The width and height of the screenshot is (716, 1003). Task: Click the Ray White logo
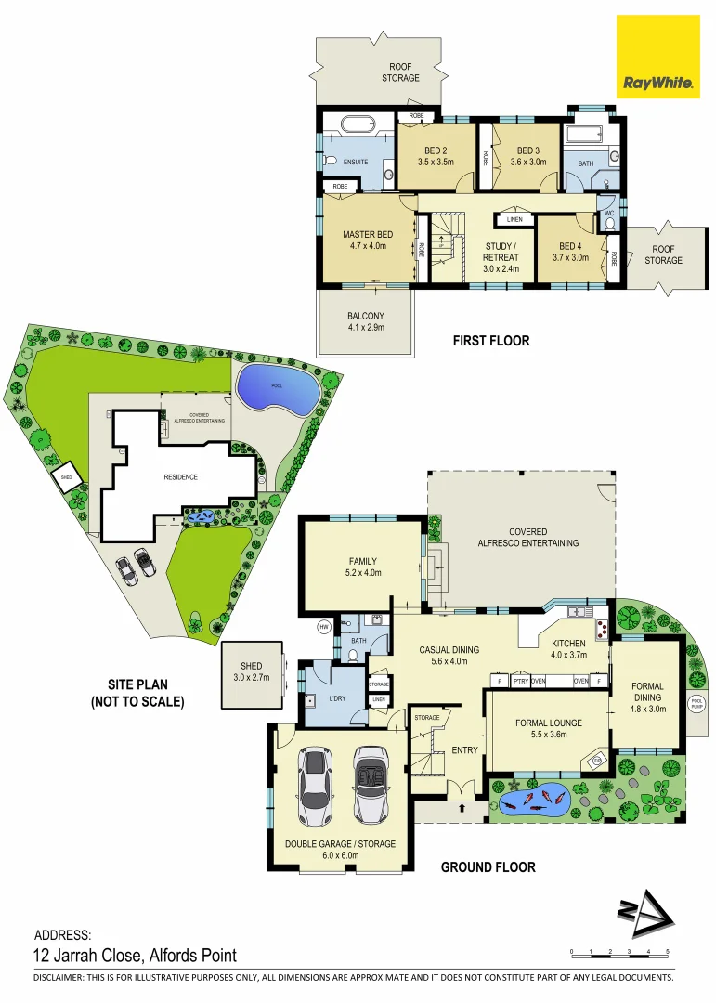point(658,57)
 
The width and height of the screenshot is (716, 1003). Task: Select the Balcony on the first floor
point(365,321)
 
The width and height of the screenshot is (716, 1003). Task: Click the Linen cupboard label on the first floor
point(514,220)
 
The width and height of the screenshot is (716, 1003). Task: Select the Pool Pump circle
point(696,705)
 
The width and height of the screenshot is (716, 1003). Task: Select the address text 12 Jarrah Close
point(136,955)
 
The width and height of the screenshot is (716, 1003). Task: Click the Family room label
point(362,567)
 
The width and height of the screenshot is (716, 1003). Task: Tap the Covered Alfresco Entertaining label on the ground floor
point(527,538)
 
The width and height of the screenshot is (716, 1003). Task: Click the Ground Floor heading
point(488,867)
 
